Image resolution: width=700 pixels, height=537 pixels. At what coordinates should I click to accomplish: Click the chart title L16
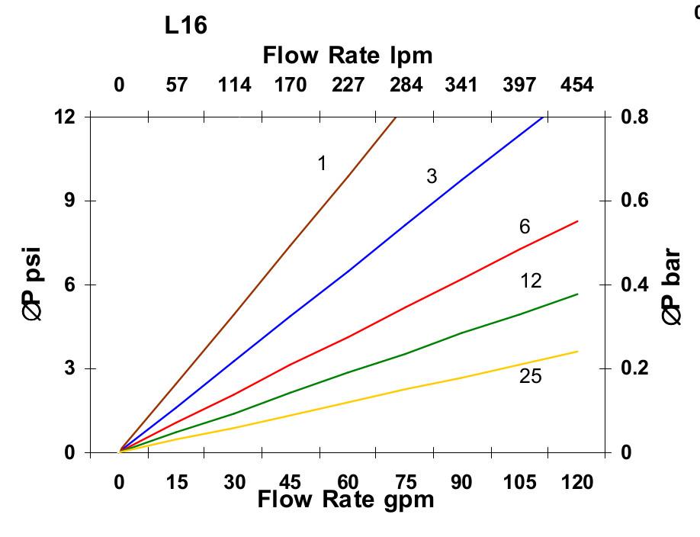pyautogui.click(x=185, y=26)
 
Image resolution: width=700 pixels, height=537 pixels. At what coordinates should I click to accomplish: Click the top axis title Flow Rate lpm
pyautogui.click(x=347, y=56)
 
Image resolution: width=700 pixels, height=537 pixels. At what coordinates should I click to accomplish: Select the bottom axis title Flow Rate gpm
pyautogui.click(x=345, y=500)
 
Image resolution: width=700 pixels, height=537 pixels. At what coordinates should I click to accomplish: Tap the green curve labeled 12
pyautogui.click(x=404, y=354)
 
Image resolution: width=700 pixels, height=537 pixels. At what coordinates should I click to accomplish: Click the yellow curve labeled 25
pyautogui.click(x=404, y=389)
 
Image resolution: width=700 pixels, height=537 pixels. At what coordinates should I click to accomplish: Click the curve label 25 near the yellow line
pyautogui.click(x=531, y=376)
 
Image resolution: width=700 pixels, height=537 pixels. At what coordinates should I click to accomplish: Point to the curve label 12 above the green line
pyautogui.click(x=531, y=281)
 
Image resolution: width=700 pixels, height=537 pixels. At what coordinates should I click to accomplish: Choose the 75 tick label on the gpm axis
pyautogui.click(x=406, y=483)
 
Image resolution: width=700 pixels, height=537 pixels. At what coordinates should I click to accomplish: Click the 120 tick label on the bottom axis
pyautogui.click(x=577, y=483)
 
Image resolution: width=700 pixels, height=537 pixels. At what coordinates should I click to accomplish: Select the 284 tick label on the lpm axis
pyautogui.click(x=406, y=85)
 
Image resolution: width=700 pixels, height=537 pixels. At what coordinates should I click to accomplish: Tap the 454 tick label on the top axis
pyautogui.click(x=577, y=85)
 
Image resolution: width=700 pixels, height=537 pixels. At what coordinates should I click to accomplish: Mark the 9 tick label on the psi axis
pyautogui.click(x=70, y=201)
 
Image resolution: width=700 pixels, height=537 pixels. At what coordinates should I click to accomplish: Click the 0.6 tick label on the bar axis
pyautogui.click(x=636, y=201)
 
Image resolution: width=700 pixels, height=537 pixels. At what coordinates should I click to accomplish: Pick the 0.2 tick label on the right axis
pyautogui.click(x=636, y=368)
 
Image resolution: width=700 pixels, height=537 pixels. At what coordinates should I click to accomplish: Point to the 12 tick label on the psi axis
pyautogui.click(x=66, y=117)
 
